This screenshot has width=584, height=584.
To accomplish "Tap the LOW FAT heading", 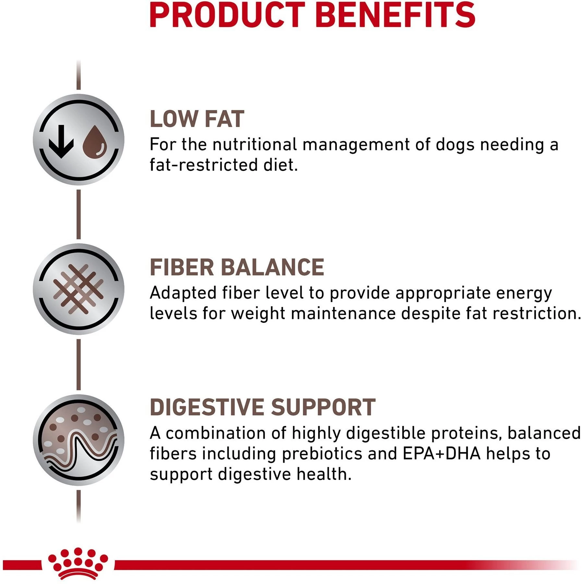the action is pyautogui.click(x=197, y=119).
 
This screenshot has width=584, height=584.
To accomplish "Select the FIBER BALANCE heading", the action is pyautogui.click(x=237, y=267).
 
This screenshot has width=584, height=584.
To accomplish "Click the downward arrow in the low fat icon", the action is pyautogui.click(x=61, y=142).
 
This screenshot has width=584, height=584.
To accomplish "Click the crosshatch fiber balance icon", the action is pyautogui.click(x=79, y=289).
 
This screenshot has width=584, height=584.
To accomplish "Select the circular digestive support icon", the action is pyautogui.click(x=79, y=440).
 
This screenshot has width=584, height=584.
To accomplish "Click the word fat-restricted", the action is pyautogui.click(x=204, y=165).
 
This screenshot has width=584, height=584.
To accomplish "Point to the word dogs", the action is pyautogui.click(x=455, y=145).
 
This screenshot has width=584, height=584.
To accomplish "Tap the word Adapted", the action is pyautogui.click(x=183, y=293).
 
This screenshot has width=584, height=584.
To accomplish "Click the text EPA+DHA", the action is pyautogui.click(x=441, y=454).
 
